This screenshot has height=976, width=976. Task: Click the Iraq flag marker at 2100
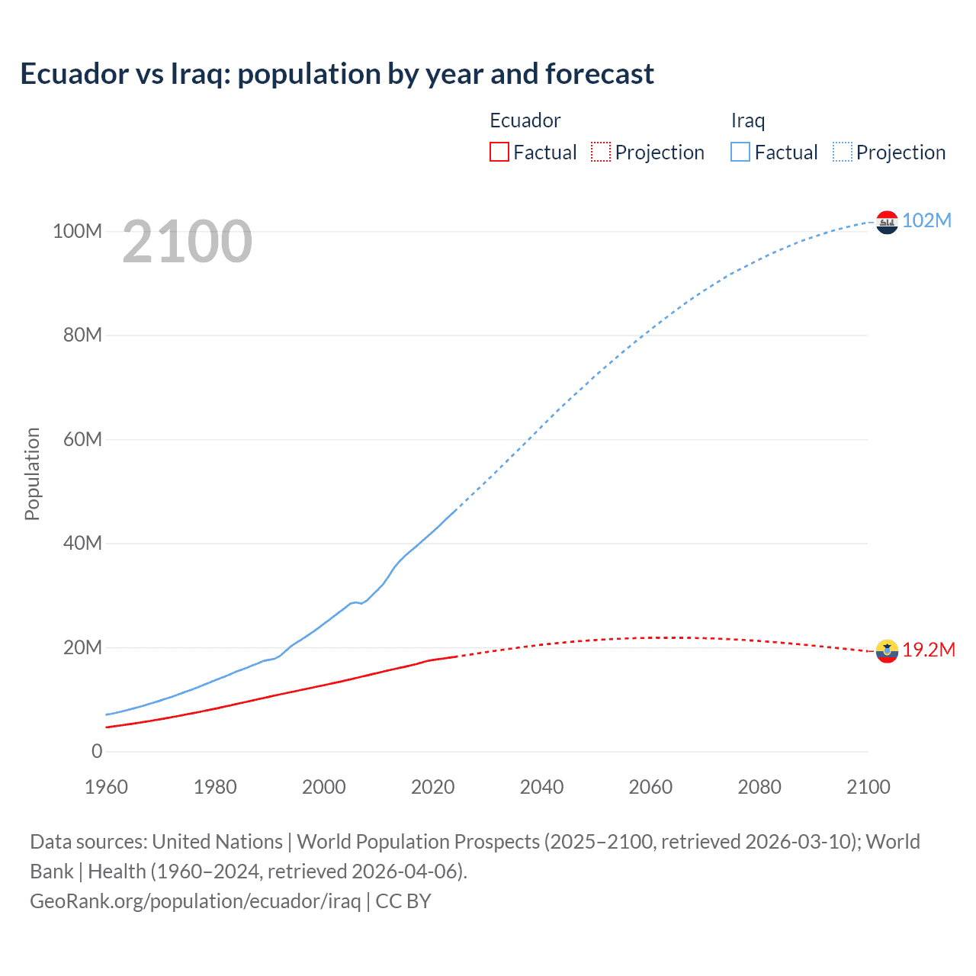(x=887, y=222)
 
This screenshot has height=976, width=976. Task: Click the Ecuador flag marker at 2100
(x=887, y=651)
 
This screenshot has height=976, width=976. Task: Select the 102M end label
(x=926, y=220)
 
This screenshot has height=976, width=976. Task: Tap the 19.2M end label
(x=928, y=650)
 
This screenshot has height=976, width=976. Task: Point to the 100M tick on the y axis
(x=77, y=231)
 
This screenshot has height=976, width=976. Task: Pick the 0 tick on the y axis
(x=97, y=751)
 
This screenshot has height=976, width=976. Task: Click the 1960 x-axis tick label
(x=106, y=787)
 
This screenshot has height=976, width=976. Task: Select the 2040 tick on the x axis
(x=541, y=787)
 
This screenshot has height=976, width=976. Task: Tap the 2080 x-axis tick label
(x=759, y=787)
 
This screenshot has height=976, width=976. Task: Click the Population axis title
(x=32, y=474)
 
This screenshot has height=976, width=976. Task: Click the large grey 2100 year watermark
(x=187, y=242)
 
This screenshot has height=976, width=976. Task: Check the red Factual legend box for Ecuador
(x=499, y=152)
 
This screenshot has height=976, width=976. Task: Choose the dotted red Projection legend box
(x=601, y=152)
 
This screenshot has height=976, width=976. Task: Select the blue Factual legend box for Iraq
(x=740, y=152)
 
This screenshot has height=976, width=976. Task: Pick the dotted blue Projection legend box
(x=843, y=152)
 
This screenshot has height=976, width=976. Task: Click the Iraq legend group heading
(x=747, y=120)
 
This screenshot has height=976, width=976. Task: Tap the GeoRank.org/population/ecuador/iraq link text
(x=195, y=901)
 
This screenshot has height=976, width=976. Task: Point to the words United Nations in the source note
(x=217, y=842)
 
